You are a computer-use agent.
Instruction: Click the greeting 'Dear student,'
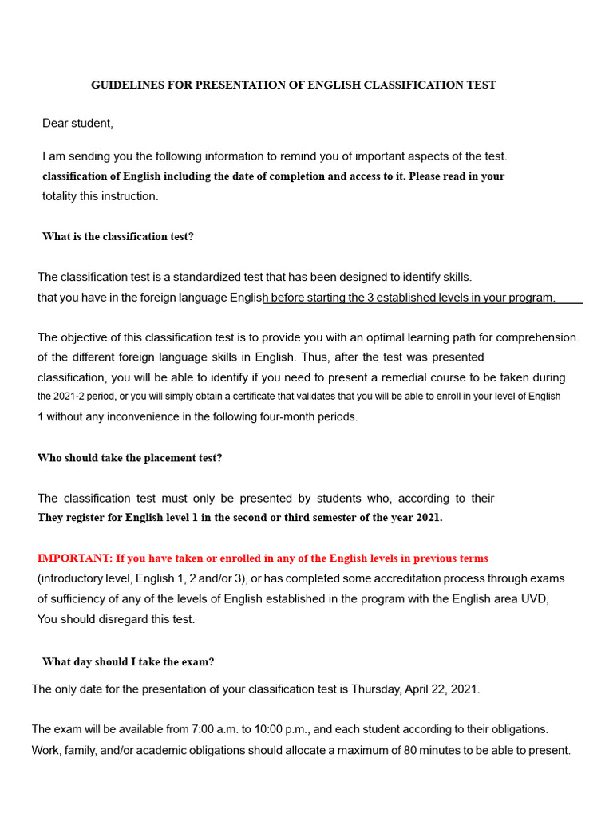pyautogui.click(x=77, y=123)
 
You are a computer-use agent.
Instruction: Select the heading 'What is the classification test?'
pyautogui.click(x=117, y=237)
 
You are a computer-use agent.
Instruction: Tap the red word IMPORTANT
pyautogui.click(x=73, y=558)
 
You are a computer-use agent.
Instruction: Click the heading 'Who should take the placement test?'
pyautogui.click(x=129, y=458)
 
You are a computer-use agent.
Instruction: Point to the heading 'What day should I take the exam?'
pyautogui.click(x=128, y=662)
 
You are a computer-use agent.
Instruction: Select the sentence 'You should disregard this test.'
pyautogui.click(x=116, y=619)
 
